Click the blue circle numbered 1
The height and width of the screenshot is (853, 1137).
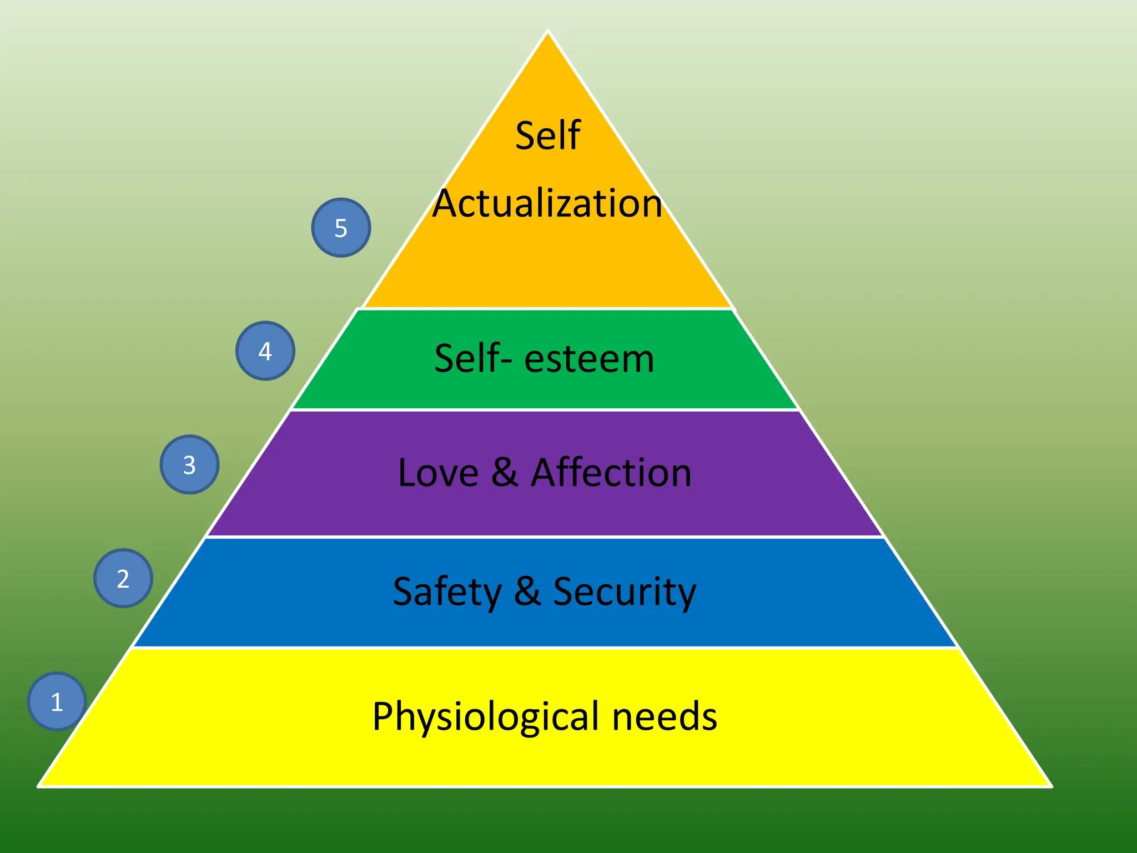coord(57,701)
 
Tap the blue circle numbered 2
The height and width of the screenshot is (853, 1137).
coord(123,578)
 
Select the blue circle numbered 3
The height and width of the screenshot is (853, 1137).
coord(189,464)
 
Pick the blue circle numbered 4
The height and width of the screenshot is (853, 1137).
coord(265,351)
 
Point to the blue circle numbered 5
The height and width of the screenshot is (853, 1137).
coord(341,228)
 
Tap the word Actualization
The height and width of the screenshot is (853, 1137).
coord(547,203)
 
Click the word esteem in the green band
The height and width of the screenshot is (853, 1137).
coord(589,359)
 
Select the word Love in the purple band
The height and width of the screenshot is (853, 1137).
coord(438,473)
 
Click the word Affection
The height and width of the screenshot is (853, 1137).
coord(611,473)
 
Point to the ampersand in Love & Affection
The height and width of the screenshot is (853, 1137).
coord(505,473)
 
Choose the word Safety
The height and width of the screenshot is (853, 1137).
coord(447,592)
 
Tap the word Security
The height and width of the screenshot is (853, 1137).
coord(625,592)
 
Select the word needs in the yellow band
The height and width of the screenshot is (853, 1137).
coord(665,716)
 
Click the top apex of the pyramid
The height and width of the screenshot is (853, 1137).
coord(547,32)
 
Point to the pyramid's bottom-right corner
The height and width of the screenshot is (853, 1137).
coord(1050,785)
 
